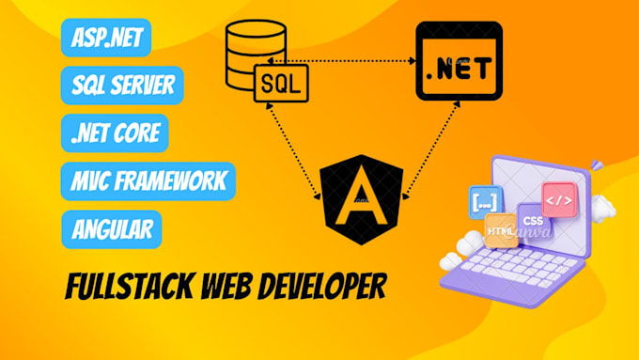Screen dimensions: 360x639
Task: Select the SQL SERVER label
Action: click(122, 86)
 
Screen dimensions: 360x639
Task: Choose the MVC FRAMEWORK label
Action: click(148, 180)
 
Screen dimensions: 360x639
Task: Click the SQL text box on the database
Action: click(280, 86)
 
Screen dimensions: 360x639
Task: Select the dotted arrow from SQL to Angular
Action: click(292, 150)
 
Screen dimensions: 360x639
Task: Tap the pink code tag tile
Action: click(557, 199)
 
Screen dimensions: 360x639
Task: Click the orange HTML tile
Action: click(501, 229)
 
